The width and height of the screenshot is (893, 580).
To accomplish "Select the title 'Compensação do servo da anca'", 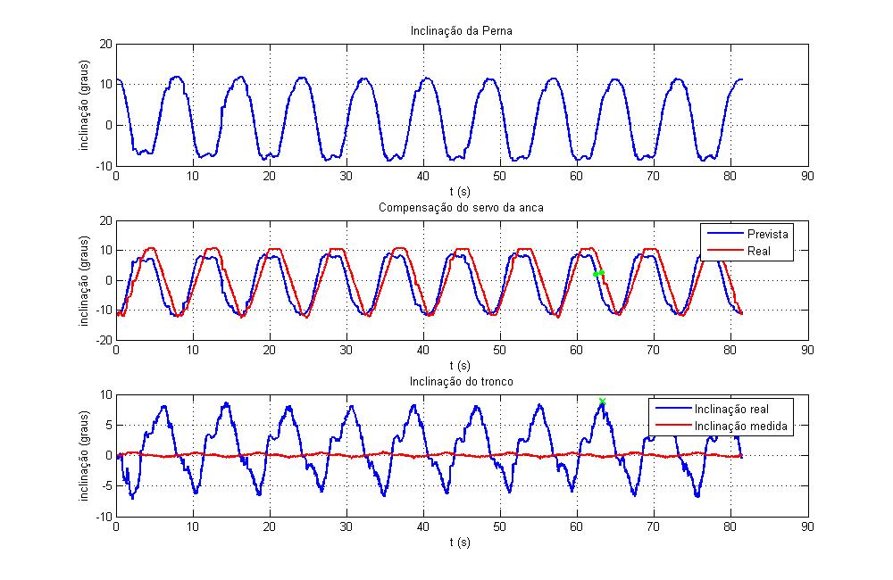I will click(x=461, y=208).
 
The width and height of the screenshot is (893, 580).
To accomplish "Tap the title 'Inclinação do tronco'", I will click(x=460, y=382).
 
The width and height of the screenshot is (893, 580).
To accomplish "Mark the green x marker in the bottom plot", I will click(x=602, y=402).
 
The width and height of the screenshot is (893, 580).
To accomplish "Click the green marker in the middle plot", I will click(x=599, y=273).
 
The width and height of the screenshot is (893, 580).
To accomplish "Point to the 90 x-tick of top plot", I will click(x=808, y=178).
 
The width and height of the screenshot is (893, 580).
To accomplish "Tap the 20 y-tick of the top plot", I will click(x=105, y=43).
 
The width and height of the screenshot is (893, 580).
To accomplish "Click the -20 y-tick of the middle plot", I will click(x=103, y=340).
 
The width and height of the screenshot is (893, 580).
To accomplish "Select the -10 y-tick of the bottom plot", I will click(x=103, y=517).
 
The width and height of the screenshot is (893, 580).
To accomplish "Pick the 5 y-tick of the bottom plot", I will click(x=108, y=425).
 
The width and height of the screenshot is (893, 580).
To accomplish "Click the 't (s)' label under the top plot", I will click(x=460, y=190).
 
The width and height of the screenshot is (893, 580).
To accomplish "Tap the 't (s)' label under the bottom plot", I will click(x=460, y=541).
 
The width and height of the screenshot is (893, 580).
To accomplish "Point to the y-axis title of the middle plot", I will click(x=86, y=280).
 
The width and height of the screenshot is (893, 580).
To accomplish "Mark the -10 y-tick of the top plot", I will click(x=103, y=166).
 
